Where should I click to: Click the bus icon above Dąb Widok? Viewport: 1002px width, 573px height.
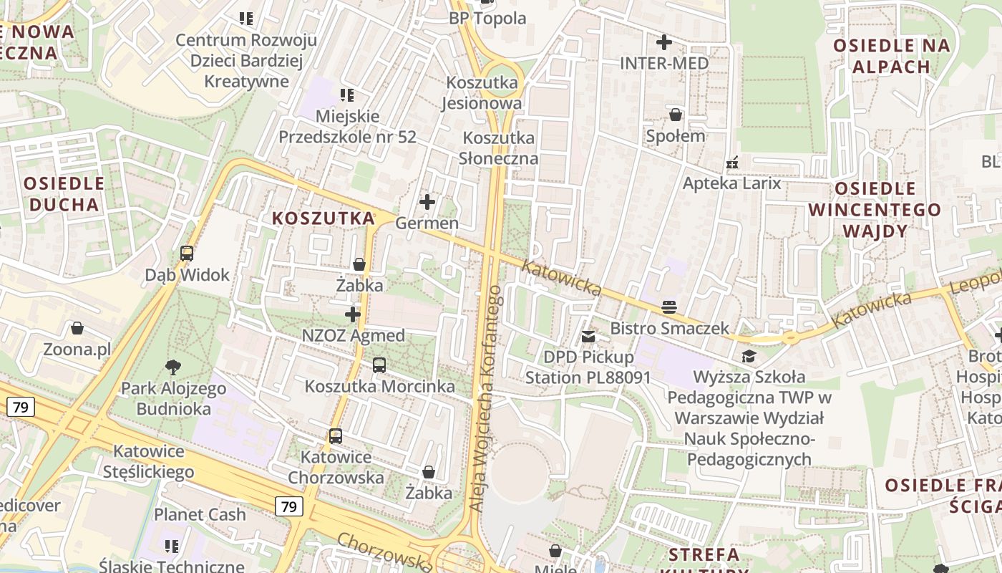click(x=187, y=254)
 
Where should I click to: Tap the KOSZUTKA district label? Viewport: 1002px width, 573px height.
click(x=324, y=218)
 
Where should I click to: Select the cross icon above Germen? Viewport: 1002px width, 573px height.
click(x=427, y=202)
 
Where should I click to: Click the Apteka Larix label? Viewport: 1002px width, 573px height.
click(x=731, y=183)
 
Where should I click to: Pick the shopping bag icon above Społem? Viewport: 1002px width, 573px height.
click(x=676, y=115)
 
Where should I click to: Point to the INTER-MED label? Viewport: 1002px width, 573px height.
click(x=664, y=63)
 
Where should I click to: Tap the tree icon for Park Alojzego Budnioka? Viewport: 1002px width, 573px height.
click(x=172, y=367)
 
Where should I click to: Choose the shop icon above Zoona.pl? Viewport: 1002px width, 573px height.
click(x=77, y=329)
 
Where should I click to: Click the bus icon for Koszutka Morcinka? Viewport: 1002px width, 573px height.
click(x=379, y=365)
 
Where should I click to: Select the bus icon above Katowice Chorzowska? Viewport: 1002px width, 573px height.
click(x=336, y=435)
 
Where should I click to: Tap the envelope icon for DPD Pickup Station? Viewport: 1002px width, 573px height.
click(x=588, y=336)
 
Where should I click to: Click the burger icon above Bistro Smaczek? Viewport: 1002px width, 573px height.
click(x=669, y=307)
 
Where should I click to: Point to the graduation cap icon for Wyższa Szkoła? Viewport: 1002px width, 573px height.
click(x=749, y=356)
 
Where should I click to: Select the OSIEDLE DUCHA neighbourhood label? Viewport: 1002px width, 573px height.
click(x=64, y=193)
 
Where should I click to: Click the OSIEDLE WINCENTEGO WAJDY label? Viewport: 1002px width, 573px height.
click(x=875, y=210)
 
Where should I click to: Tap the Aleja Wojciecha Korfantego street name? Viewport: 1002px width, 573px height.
click(x=486, y=398)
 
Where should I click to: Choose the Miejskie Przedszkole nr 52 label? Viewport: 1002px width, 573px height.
click(x=347, y=126)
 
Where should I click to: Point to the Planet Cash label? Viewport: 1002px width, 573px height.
click(x=200, y=514)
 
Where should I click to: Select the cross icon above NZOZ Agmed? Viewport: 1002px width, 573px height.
click(x=353, y=314)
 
